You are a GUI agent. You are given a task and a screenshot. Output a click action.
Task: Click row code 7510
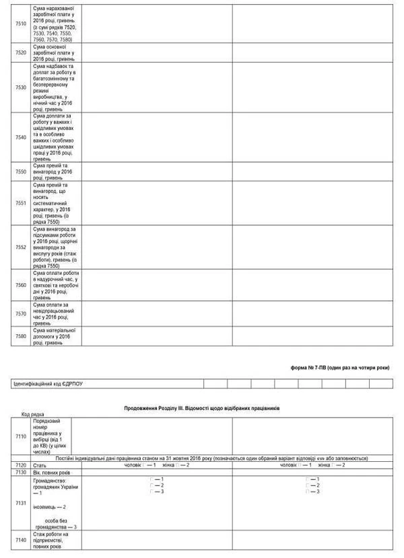click(20, 24)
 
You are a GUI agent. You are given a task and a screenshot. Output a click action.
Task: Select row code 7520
click(20, 52)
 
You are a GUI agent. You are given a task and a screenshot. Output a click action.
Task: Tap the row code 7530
click(20, 87)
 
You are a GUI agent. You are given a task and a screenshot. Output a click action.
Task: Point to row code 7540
click(20, 137)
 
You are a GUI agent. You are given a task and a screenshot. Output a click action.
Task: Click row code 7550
click(20, 171)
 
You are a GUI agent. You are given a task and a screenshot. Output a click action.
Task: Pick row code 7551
click(20, 202)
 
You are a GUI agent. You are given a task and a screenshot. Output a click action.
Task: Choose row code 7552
click(20, 247)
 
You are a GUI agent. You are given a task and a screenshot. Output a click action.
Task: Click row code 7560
click(20, 285)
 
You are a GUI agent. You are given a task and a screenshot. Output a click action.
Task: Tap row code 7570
click(20, 313)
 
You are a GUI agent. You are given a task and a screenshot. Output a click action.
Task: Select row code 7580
click(20, 336)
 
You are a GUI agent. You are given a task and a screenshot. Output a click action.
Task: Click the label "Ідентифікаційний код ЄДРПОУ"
click(53, 383)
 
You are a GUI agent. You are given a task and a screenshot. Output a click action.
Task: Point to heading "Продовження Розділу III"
click(201, 408)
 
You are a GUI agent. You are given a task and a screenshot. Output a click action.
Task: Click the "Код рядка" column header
click(34, 415)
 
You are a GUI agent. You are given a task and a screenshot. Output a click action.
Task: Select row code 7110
click(20, 436)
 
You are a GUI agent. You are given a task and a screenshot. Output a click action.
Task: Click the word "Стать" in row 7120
click(40, 465)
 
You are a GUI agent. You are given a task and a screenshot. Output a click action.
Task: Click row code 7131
click(20, 503)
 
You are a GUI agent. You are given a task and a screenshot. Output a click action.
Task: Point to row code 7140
click(20, 540)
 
